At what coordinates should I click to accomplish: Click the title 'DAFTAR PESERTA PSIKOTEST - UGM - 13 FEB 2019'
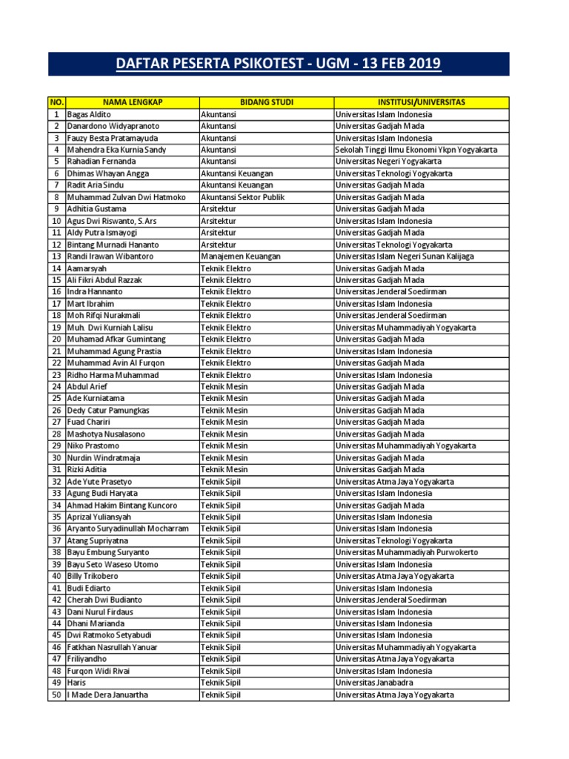(x=279, y=64)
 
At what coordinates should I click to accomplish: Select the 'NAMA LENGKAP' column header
(x=133, y=102)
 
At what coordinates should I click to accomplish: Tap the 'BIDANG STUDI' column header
(x=266, y=102)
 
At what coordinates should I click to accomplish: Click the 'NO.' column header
(x=56, y=102)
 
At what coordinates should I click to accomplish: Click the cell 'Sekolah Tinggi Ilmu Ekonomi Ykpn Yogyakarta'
(x=416, y=150)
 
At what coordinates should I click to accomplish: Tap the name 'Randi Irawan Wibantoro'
(x=110, y=256)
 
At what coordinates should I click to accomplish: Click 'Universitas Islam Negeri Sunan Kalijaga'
(x=405, y=256)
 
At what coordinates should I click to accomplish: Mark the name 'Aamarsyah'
(x=87, y=268)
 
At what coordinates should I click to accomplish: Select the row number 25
(x=56, y=399)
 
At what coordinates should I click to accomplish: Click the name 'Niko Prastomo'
(x=93, y=446)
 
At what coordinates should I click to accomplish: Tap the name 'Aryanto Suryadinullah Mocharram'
(x=128, y=529)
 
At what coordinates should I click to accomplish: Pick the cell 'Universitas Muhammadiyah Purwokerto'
(x=407, y=553)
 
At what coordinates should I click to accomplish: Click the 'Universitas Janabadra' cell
(x=374, y=683)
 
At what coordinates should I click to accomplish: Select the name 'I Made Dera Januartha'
(x=107, y=695)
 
